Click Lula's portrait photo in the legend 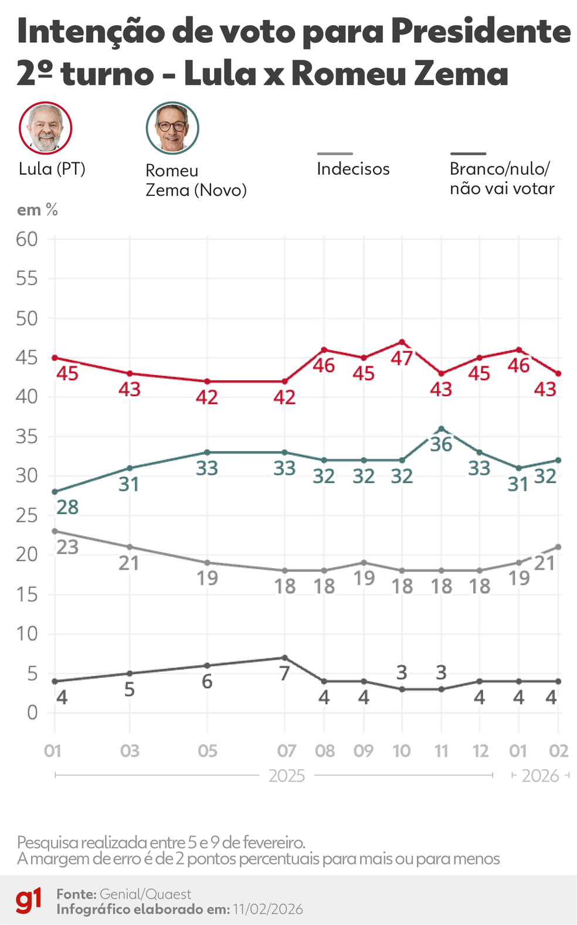tap(45, 128)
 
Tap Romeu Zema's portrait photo tap(172, 128)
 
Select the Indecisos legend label tap(353, 169)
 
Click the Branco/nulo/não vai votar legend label tap(501, 178)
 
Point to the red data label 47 tap(402, 358)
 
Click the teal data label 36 tap(441, 445)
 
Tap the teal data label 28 tap(67, 507)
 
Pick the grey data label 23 tap(67, 547)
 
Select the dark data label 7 tap(284, 674)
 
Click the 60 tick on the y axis tap(27, 239)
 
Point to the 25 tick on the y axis tap(27, 516)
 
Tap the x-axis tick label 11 tap(441, 751)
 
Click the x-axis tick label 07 tap(286, 751)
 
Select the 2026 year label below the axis tap(540, 776)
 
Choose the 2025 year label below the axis tap(287, 776)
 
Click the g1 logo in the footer tap(28, 900)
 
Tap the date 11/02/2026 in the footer tap(268, 909)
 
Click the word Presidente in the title tap(481, 32)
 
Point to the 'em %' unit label tap(38, 210)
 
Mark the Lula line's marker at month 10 tap(402, 342)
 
